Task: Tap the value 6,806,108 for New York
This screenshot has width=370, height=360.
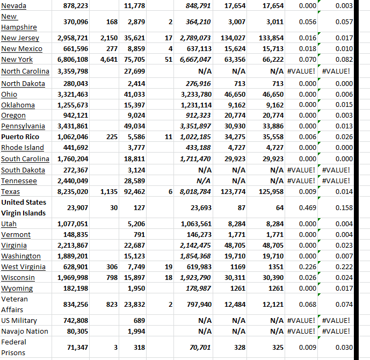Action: point(72,60)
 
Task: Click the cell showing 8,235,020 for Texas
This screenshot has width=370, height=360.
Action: point(72,191)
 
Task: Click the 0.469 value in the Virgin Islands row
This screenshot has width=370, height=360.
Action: point(307,207)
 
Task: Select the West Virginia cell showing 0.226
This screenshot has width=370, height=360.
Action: point(307,267)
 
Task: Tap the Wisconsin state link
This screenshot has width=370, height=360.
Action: point(18,278)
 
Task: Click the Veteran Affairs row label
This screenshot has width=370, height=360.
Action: point(14,304)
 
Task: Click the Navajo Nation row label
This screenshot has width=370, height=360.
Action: point(25,332)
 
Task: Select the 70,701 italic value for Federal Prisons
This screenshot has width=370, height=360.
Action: point(197,348)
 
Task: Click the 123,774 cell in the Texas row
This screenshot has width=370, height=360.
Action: point(233,191)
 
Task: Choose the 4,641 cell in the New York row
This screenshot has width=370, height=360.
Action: point(109,60)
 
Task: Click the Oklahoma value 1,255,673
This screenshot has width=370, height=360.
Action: point(72,105)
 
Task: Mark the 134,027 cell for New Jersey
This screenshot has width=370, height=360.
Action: point(233,38)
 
